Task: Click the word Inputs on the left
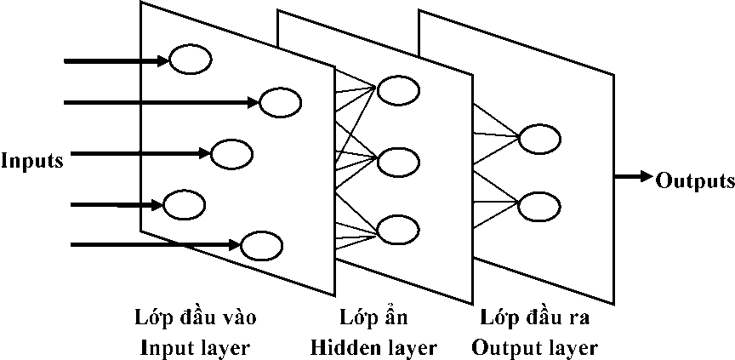tap(32, 160)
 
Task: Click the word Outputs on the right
tap(695, 180)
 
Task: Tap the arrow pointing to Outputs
tap(633, 177)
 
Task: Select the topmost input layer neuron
tap(191, 60)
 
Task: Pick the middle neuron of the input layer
tap(231, 154)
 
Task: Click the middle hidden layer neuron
tap(399, 160)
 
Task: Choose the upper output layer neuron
tap(539, 137)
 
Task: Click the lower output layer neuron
tap(539, 205)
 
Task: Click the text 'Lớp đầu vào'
tap(195, 318)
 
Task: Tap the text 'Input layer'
tap(195, 347)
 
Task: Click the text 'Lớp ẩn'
tap(373, 318)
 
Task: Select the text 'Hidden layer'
tap(373, 347)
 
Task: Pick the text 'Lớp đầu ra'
tap(534, 318)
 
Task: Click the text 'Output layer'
tap(534, 347)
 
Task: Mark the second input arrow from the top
tap(162, 103)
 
